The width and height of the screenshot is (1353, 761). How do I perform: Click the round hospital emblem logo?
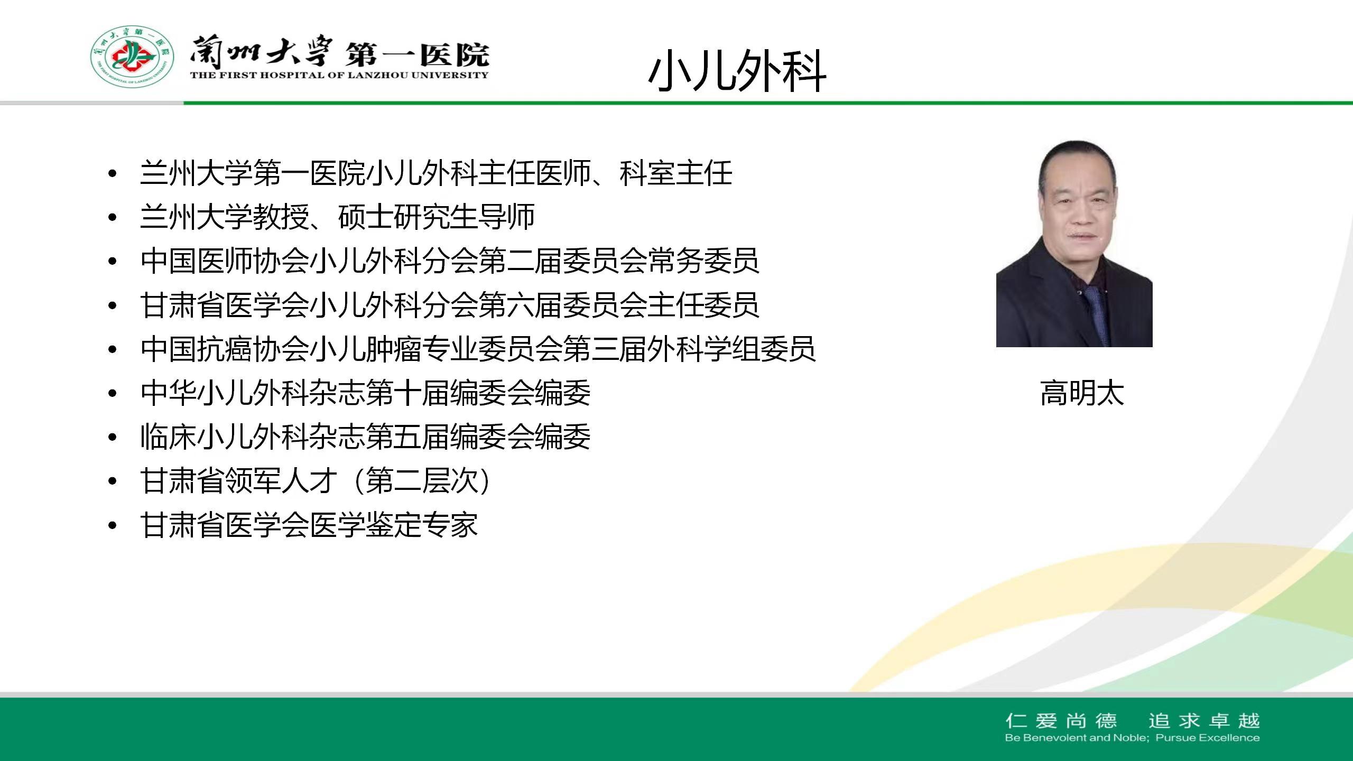click(x=132, y=57)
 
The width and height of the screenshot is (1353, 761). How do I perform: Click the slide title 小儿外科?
click(x=737, y=71)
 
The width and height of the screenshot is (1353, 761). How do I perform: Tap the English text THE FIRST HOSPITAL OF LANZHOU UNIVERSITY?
click(x=339, y=75)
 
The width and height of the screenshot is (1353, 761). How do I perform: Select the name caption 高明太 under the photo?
click(x=1082, y=393)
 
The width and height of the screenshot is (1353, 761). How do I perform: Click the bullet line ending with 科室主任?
click(x=436, y=173)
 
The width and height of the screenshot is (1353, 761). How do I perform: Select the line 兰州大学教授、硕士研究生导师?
click(x=337, y=217)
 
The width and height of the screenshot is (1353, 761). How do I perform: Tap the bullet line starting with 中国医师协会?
click(x=450, y=261)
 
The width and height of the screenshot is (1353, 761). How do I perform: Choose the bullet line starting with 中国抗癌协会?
click(x=478, y=349)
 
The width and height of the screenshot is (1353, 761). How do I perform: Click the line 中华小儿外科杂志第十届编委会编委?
click(x=365, y=393)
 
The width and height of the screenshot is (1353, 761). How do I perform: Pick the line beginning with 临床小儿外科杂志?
click(x=365, y=437)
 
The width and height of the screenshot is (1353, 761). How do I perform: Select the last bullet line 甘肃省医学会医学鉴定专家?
click(x=309, y=525)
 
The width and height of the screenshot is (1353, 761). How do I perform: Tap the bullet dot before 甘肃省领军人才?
click(x=112, y=481)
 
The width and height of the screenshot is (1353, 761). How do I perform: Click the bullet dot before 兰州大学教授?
click(x=112, y=217)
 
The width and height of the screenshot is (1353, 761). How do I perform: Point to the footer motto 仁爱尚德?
click(x=1061, y=721)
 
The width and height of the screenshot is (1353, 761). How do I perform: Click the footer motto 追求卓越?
click(x=1204, y=721)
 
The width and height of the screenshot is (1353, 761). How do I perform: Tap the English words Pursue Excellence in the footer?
click(x=1208, y=738)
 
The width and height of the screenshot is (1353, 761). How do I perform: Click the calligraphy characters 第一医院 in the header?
click(x=418, y=54)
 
